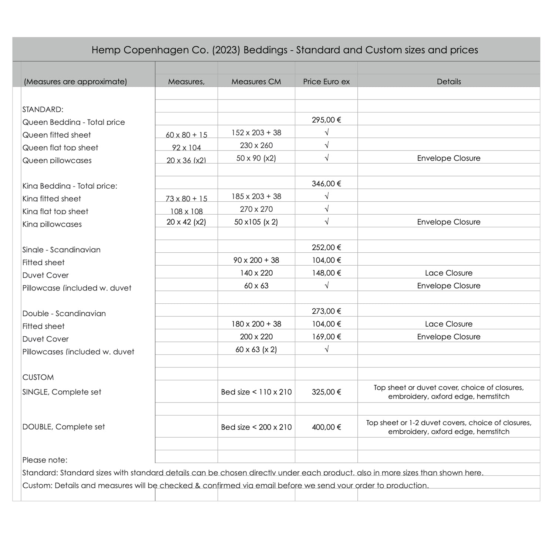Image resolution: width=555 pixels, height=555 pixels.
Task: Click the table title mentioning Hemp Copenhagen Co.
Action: pyautogui.click(x=285, y=50)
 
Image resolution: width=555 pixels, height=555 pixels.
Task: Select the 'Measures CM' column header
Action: pyautogui.click(x=256, y=81)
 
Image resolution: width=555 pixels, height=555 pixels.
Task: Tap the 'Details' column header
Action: pyautogui.click(x=448, y=81)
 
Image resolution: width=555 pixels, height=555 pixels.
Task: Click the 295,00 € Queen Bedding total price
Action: pyautogui.click(x=326, y=120)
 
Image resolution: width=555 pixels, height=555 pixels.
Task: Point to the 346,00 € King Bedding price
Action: pyautogui.click(x=326, y=184)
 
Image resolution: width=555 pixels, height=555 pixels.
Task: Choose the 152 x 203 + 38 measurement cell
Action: pyautogui.click(x=256, y=132)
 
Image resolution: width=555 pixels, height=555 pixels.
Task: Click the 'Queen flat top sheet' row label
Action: pyautogui.click(x=60, y=148)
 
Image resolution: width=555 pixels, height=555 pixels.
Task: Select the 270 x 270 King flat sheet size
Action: pyautogui.click(x=256, y=209)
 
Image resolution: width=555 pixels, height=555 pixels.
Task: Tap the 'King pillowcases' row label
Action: pyautogui.click(x=52, y=224)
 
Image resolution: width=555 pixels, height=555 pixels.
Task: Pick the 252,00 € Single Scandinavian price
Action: pyautogui.click(x=326, y=248)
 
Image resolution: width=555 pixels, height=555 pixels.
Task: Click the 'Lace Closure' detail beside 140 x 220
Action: pyautogui.click(x=448, y=273)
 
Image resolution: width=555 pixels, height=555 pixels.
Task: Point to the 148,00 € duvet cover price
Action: pyautogui.click(x=326, y=273)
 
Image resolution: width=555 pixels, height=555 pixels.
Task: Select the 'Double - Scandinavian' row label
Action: pyautogui.click(x=64, y=314)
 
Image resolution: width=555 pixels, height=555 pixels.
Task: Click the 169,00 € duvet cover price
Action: pyautogui.click(x=326, y=337)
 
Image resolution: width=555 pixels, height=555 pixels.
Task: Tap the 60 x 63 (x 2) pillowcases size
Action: pyautogui.click(x=256, y=350)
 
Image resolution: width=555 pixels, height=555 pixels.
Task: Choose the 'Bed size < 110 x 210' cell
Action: pyautogui.click(x=256, y=392)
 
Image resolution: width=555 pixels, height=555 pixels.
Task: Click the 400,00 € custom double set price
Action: pyautogui.click(x=326, y=427)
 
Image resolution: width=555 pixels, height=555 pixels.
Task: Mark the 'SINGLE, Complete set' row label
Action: pyautogui.click(x=62, y=392)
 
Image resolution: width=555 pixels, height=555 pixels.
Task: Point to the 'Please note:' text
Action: pyautogui.click(x=45, y=460)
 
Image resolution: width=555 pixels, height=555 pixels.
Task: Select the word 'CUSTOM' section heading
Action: pyautogui.click(x=38, y=377)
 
